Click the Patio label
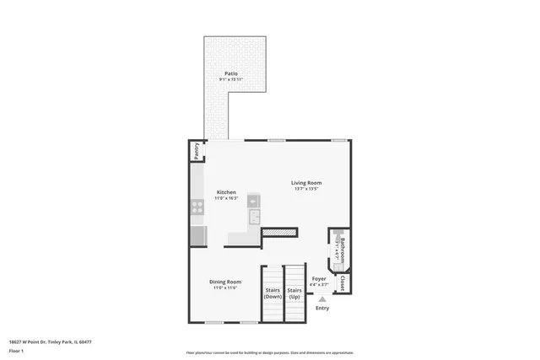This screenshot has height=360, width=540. click(230, 73)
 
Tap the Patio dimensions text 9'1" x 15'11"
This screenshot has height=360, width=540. click(230, 79)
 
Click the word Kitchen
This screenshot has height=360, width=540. click(226, 191)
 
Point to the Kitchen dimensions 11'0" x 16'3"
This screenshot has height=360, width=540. click(226, 197)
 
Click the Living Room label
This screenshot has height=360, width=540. click(306, 182)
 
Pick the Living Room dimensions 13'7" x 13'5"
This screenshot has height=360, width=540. click(306, 188)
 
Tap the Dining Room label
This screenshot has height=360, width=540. click(225, 282)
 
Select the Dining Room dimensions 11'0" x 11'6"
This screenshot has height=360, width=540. click(225, 287)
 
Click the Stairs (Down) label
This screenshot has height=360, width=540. click(273, 293)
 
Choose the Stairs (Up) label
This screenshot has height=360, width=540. click(294, 293)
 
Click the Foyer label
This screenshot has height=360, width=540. click(319, 278)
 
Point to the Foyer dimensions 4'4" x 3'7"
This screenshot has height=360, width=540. click(319, 284)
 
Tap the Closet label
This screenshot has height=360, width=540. click(343, 284)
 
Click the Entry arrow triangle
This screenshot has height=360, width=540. click(321, 298)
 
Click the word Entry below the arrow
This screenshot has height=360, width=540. click(322, 308)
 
